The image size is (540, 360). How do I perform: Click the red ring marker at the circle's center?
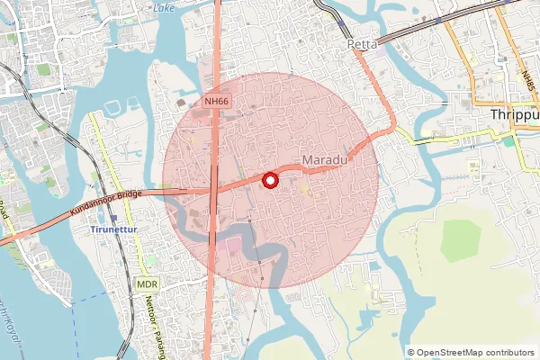[269, 181]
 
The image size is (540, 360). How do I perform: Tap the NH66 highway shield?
[216, 103]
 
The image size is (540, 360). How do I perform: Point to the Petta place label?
[364, 42]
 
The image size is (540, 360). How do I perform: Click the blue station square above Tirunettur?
[113, 218]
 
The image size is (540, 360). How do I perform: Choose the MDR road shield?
[148, 283]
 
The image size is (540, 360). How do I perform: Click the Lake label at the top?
[164, 7]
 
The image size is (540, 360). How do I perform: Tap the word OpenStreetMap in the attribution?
[456, 353]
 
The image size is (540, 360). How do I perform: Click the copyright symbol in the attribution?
[411, 353]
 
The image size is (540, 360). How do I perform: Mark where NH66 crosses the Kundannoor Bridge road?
[212, 190]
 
